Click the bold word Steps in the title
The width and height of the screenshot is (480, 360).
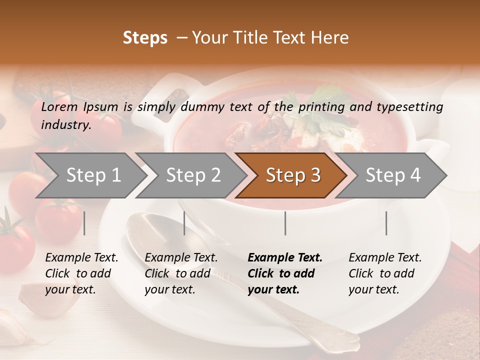145,38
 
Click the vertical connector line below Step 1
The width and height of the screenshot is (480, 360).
84,223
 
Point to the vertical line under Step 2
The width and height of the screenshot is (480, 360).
184,223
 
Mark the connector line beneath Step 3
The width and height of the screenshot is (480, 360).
285,223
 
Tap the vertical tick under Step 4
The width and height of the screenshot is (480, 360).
386,223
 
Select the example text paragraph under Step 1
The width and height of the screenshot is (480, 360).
81,273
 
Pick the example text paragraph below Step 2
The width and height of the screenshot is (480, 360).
181,273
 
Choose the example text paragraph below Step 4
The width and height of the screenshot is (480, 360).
385,273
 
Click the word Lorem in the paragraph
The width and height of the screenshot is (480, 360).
59,106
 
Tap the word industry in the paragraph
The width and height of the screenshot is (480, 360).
65,124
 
